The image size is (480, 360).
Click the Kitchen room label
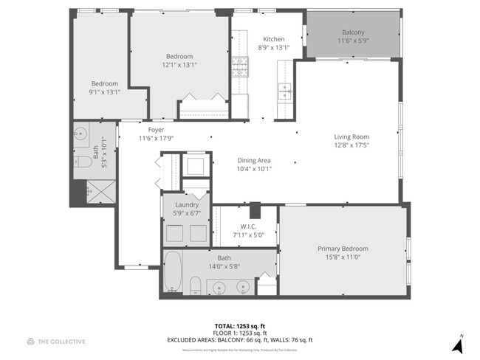pos(274,39)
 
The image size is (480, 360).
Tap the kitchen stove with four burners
pos(241,68)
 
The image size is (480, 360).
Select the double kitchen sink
pos(284,91)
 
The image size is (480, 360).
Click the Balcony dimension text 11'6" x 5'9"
pos(353,41)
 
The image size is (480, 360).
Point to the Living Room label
pos(351,136)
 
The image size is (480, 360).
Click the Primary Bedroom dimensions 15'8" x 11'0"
pos(343,257)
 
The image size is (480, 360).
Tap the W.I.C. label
pos(247,226)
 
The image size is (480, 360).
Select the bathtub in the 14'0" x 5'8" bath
pos(173,271)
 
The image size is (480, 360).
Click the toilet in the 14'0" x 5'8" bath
pos(195,285)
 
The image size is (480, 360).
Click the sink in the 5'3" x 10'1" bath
pos(80,136)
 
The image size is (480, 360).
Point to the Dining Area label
pos(254,161)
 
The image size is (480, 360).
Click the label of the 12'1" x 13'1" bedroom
pos(179,57)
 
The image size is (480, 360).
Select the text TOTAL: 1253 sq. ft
pos(240,325)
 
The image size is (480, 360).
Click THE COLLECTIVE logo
pos(56,341)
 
